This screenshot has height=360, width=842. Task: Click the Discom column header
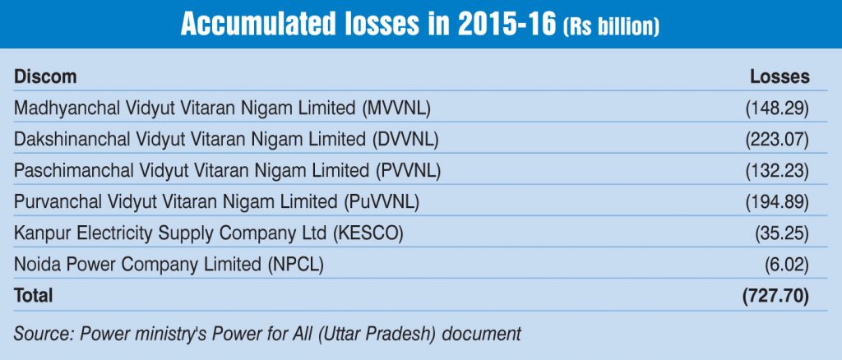coord(45,76)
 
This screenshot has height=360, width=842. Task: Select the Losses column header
coord(780,76)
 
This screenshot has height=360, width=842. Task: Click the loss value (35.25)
coord(782,233)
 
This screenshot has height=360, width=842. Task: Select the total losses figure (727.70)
coord(776,295)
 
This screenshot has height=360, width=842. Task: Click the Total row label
coord(34,295)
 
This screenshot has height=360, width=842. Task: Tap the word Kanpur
coord(38,233)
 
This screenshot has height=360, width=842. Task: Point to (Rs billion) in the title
coord(611,27)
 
